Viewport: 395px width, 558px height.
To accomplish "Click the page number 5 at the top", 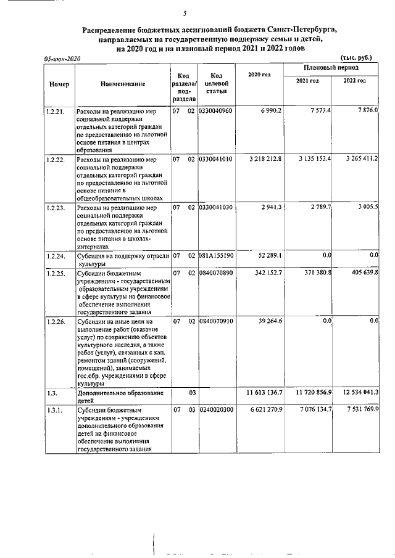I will click(x=185, y=14).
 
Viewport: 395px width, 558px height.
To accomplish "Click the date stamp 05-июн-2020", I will click(x=62, y=58).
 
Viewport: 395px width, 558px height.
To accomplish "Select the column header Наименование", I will click(x=121, y=84).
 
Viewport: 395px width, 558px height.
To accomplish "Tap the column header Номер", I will click(x=59, y=84).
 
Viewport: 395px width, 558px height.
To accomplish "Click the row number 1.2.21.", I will click(x=56, y=110).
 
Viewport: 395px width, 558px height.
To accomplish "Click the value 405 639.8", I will click(x=362, y=272).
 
